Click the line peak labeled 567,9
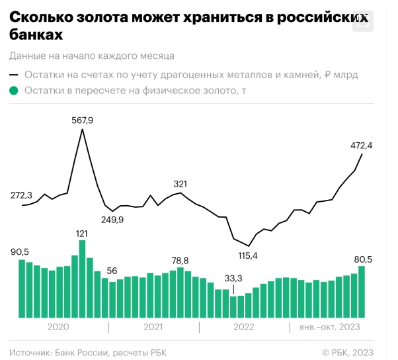click(x=82, y=130)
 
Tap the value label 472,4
click(x=362, y=145)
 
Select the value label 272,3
click(x=22, y=195)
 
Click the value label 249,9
click(x=112, y=220)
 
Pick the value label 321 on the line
click(x=180, y=183)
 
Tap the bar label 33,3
click(x=233, y=279)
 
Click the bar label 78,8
click(x=180, y=260)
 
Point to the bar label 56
click(x=112, y=270)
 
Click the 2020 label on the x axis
click(x=58, y=327)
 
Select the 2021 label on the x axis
click(x=153, y=327)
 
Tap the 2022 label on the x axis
click(x=244, y=327)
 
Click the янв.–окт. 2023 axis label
click(x=329, y=327)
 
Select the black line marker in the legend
click(x=15, y=75)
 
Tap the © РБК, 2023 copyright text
click(x=348, y=352)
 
